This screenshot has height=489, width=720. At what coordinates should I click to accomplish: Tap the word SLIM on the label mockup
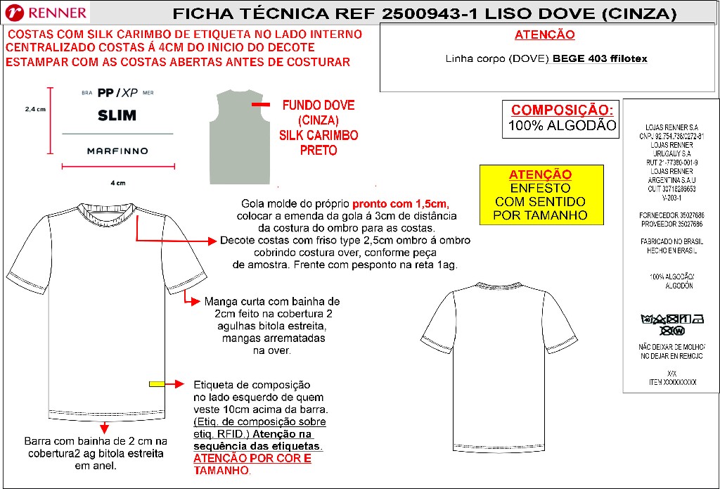[117, 115]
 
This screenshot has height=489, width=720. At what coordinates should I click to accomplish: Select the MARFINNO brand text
[117, 151]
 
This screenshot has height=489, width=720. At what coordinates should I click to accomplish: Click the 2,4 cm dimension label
[35, 110]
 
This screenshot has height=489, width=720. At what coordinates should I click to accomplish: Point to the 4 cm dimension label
[117, 183]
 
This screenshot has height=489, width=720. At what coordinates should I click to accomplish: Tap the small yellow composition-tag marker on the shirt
[157, 383]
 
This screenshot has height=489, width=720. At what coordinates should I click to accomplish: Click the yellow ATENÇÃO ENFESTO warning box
[541, 195]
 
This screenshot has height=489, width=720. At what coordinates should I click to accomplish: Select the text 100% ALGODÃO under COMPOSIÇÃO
[562, 127]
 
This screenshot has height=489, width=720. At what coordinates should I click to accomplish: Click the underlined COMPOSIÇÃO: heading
[562, 110]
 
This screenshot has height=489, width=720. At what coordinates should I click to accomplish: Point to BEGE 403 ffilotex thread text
[600, 59]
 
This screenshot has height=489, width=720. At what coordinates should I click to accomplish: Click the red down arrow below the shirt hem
[103, 426]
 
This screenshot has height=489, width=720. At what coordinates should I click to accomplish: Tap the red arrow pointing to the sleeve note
[190, 300]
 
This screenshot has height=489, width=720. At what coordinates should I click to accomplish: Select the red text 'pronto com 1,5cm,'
[400, 204]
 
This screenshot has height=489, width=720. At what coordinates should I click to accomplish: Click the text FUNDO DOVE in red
[318, 106]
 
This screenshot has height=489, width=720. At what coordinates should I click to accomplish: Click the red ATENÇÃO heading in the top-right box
[545, 34]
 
